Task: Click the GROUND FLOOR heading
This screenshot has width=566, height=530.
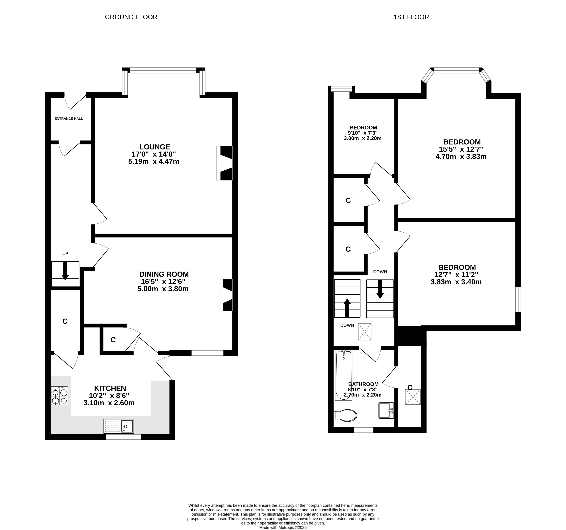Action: click(131, 17)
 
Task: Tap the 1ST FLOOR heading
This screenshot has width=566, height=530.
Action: click(411, 17)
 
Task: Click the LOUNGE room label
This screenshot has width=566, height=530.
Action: click(155, 147)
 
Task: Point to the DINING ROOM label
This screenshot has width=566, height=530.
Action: click(164, 274)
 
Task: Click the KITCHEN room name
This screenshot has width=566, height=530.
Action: click(110, 388)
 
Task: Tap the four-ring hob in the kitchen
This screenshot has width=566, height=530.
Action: click(60, 396)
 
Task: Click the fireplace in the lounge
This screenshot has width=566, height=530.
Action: click(224, 163)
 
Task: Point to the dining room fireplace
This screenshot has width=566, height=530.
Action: click(226, 295)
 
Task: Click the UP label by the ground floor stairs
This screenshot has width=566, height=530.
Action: click(65, 253)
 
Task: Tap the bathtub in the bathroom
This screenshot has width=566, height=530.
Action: click(344, 375)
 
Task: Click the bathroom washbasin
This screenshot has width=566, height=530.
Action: click(386, 410)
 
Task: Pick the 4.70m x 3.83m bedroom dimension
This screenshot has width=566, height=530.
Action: click(461, 157)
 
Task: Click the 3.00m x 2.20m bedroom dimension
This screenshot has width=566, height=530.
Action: click(362, 138)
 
